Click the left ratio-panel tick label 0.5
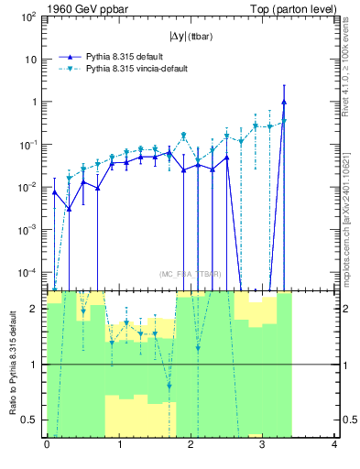(28, 420)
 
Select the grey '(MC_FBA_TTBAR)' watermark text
(191, 274)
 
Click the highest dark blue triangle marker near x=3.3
(285, 102)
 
